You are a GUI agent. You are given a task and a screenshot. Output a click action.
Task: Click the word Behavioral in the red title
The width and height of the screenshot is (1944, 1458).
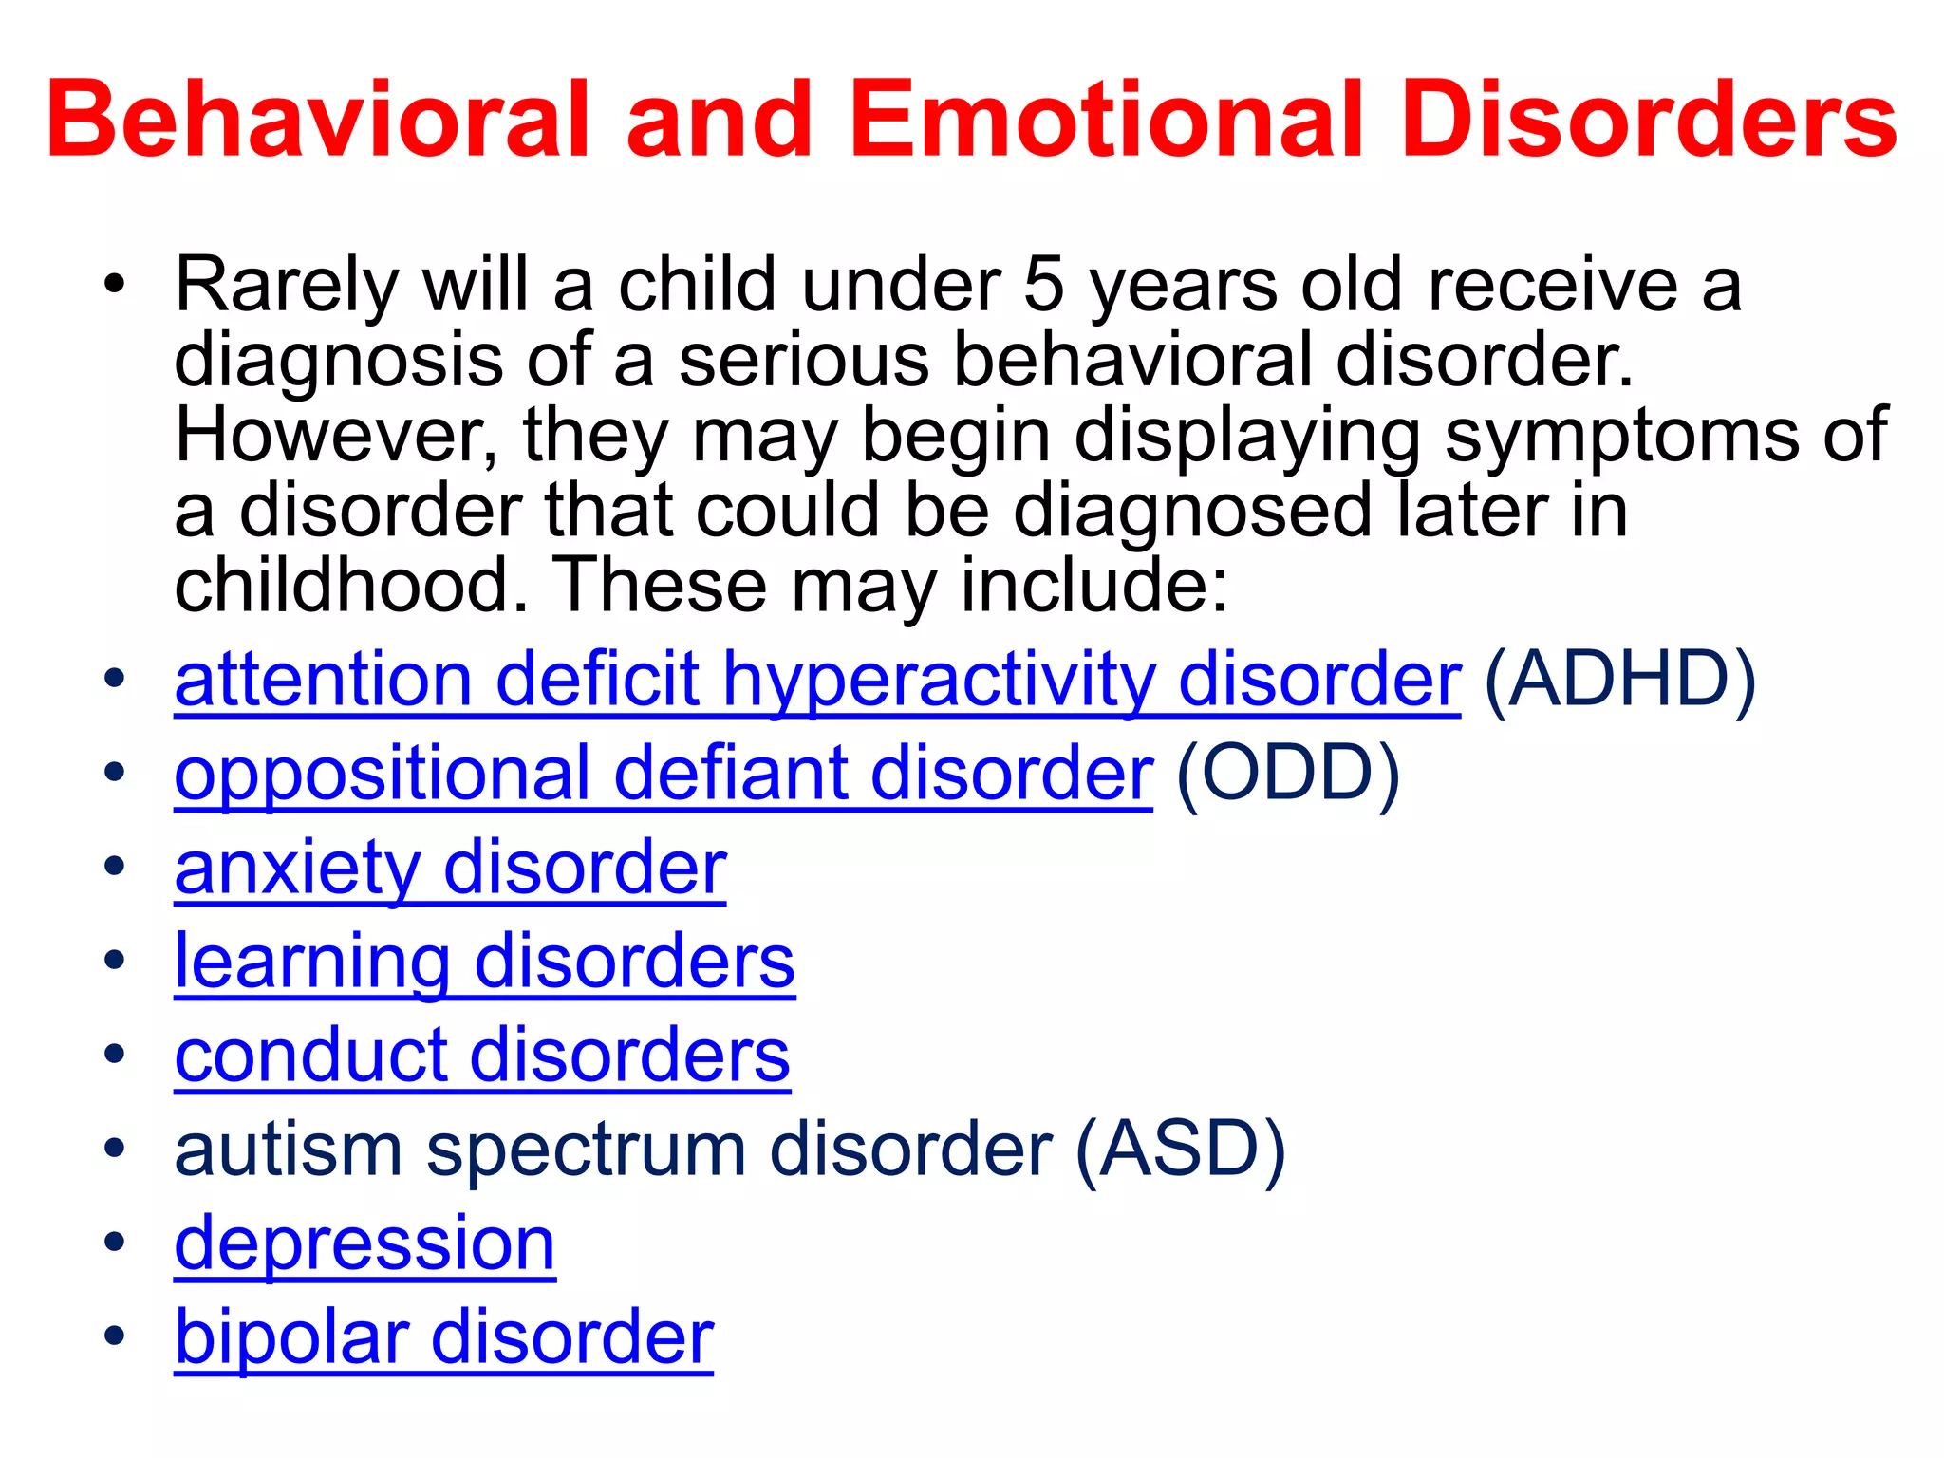pyautogui.click(x=319, y=121)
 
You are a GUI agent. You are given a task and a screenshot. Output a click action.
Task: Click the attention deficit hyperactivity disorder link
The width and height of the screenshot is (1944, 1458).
pyautogui.click(x=816, y=680)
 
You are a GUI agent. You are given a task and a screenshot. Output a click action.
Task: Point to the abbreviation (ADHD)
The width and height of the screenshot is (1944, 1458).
pyautogui.click(x=1619, y=680)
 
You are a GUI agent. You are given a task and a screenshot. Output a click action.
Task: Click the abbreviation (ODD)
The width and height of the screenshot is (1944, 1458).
pyautogui.click(x=1287, y=773)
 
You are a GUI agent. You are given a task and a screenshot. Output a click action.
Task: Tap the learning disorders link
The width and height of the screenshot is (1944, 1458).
pyautogui.click(x=484, y=961)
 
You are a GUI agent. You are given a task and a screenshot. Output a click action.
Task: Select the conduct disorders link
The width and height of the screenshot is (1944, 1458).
pyautogui.click(x=482, y=1055)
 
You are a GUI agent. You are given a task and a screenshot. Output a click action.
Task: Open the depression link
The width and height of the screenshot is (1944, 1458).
pyautogui.click(x=364, y=1243)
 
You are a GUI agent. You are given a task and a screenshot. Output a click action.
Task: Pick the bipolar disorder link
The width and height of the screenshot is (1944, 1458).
pyautogui.click(x=443, y=1336)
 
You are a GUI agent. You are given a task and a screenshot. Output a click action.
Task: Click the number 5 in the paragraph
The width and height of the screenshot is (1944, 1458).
pyautogui.click(x=1043, y=285)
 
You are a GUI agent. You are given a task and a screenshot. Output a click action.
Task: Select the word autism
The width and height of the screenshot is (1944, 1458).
pyautogui.click(x=289, y=1149)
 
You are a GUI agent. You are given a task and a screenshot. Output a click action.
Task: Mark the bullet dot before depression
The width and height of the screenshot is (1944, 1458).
pyautogui.click(x=115, y=1243)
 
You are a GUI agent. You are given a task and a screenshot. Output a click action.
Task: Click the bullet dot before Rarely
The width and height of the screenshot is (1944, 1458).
pyautogui.click(x=115, y=285)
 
